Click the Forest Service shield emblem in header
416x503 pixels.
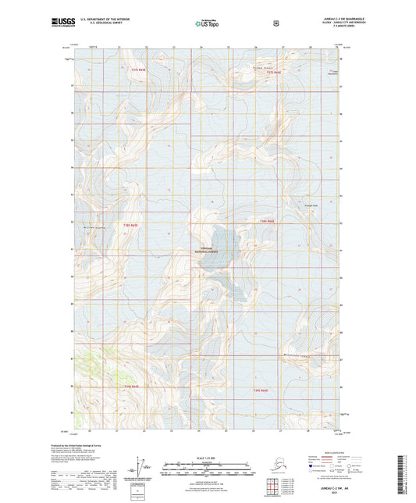(x=276, y=23)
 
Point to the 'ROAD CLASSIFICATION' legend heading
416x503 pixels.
(x=332, y=451)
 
